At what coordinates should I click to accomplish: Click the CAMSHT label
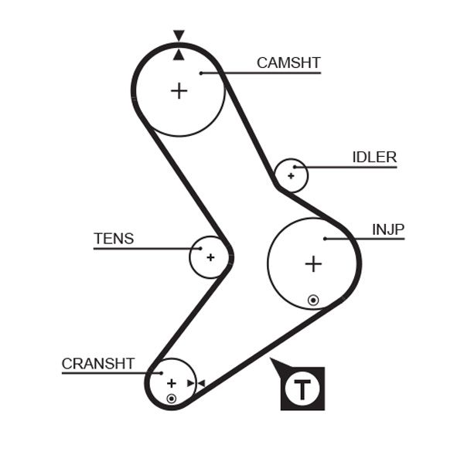(x=288, y=63)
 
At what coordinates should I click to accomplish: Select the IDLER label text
(x=374, y=158)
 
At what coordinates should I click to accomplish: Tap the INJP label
(x=388, y=229)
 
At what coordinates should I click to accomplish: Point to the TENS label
(x=114, y=239)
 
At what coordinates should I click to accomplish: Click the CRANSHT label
(x=98, y=363)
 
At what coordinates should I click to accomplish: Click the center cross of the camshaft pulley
(x=179, y=90)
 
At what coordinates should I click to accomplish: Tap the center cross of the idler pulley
(x=291, y=176)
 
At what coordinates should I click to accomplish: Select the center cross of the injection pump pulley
(x=312, y=264)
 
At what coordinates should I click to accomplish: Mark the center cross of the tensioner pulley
(x=210, y=257)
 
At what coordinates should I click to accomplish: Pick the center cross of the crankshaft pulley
(x=171, y=383)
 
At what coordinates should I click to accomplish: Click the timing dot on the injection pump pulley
(x=312, y=299)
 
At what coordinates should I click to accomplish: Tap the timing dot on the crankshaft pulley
(x=171, y=399)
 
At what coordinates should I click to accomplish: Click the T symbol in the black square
(x=302, y=388)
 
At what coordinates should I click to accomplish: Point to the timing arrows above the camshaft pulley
(x=179, y=45)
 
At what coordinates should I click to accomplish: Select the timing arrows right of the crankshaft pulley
(x=196, y=383)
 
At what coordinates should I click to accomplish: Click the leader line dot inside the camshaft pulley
(x=200, y=73)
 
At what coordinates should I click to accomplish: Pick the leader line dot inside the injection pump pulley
(x=326, y=239)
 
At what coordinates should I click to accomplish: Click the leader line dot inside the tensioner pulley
(x=200, y=249)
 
